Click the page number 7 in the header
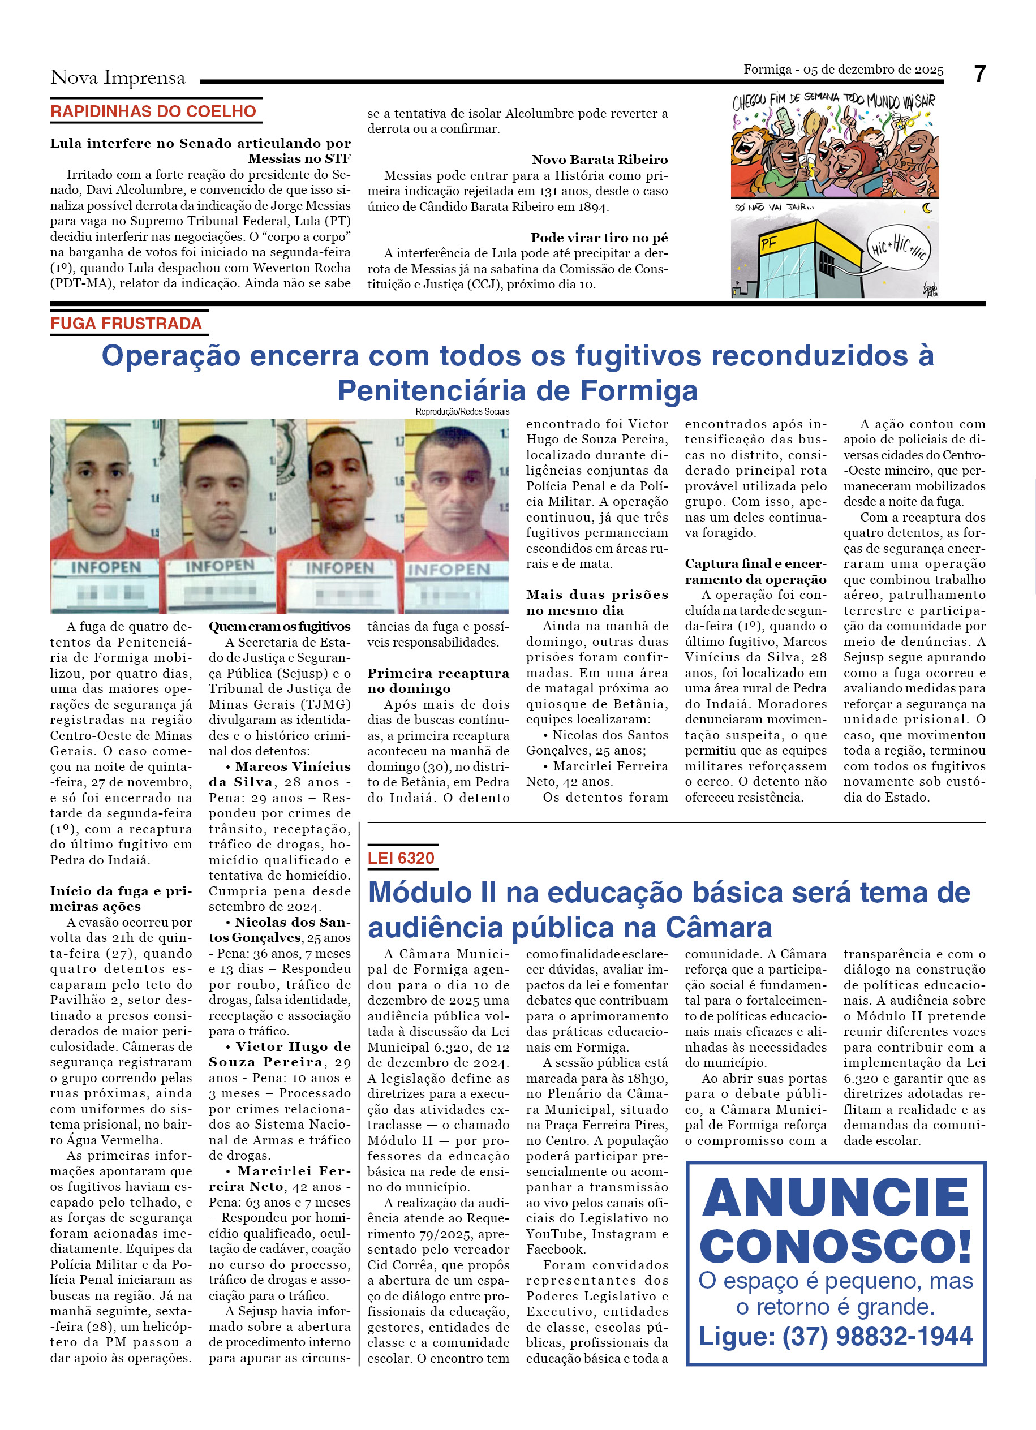[x=979, y=75]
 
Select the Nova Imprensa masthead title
[x=118, y=77]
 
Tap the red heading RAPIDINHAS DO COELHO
[x=153, y=111]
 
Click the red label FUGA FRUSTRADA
[x=126, y=324]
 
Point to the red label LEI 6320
[x=401, y=858]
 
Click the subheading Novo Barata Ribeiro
[x=599, y=160]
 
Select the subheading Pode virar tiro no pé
[x=599, y=238]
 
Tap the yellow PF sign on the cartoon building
[x=768, y=243]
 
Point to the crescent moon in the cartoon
[x=927, y=208]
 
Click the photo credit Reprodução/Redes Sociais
[x=462, y=412]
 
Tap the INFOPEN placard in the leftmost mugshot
[x=106, y=567]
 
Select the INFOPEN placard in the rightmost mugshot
[x=448, y=570]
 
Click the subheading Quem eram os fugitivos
[x=280, y=627]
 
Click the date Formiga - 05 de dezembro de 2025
[x=843, y=70]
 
